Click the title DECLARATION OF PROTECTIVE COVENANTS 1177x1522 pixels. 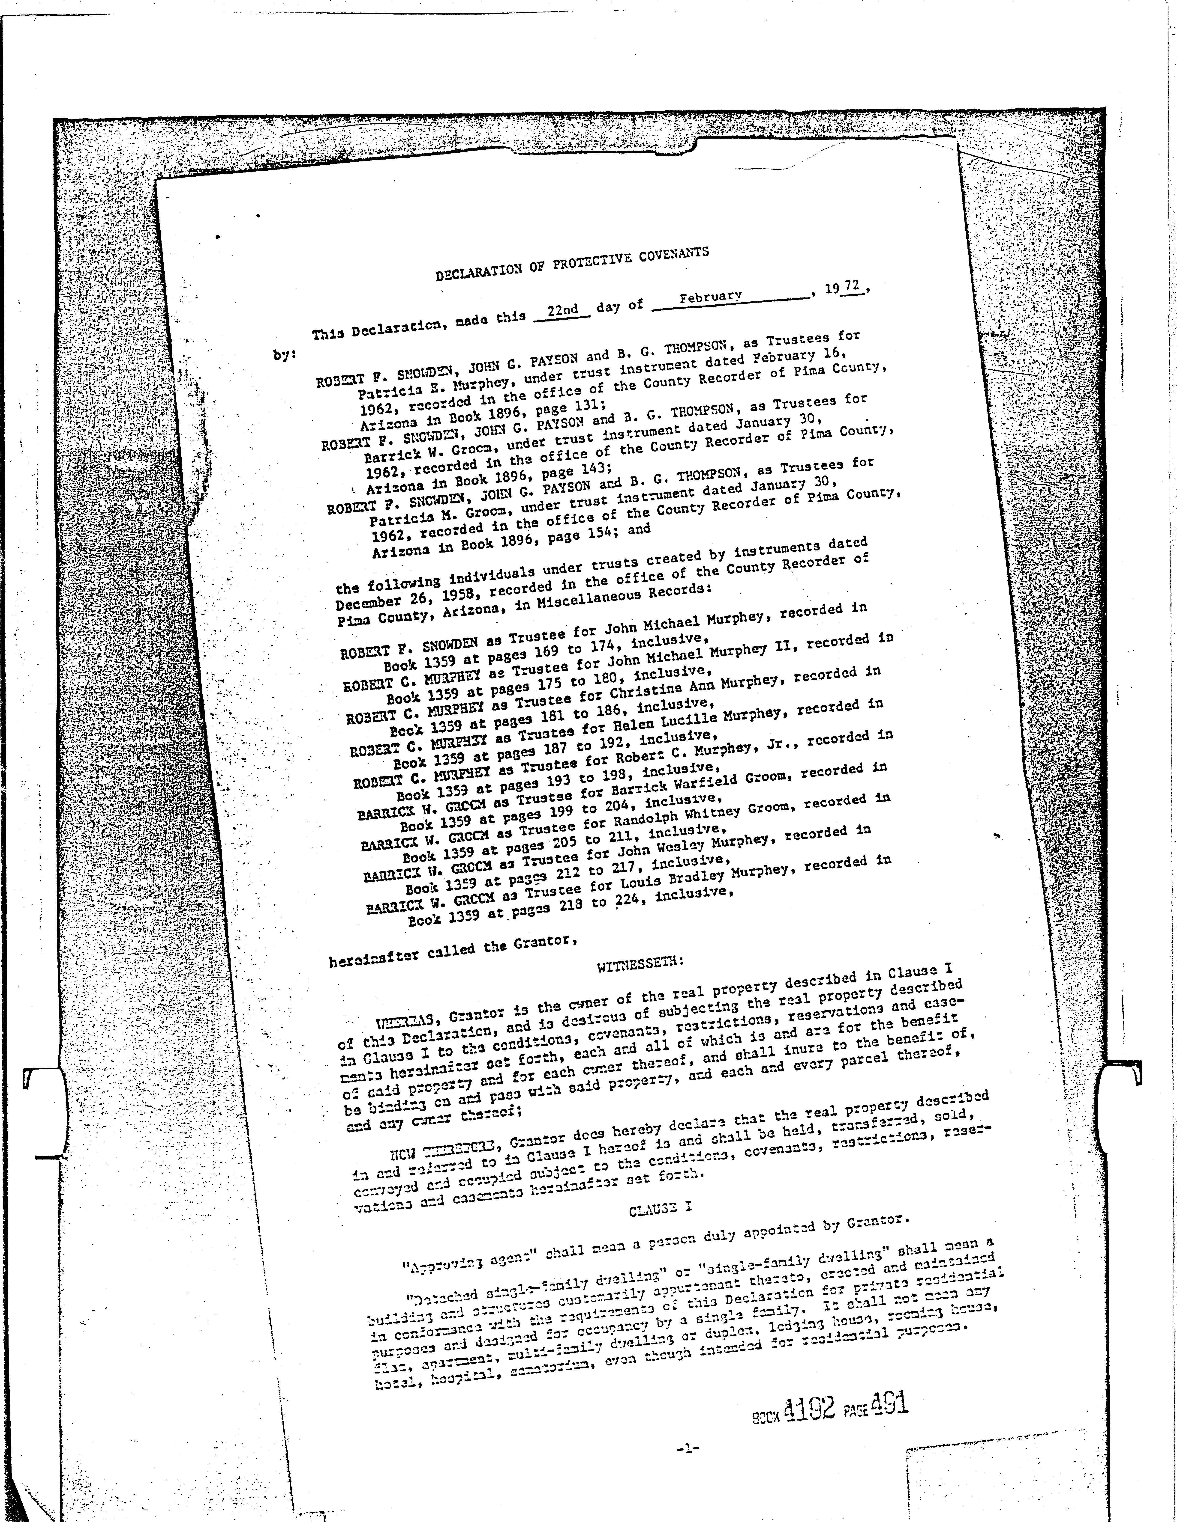pyautogui.click(x=572, y=263)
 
